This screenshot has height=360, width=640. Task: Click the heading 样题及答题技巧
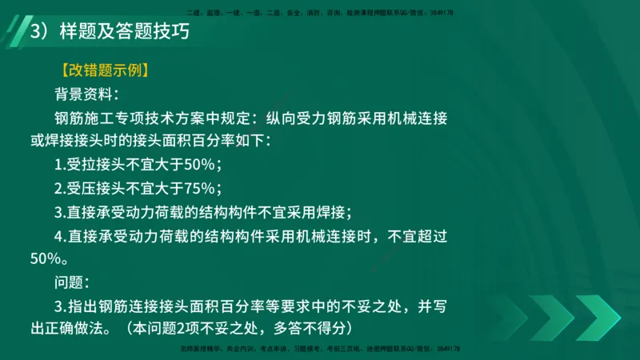122,34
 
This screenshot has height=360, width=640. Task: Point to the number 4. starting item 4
60,236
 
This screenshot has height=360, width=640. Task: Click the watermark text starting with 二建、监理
320,13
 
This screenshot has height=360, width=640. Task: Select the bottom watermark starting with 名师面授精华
320,350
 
